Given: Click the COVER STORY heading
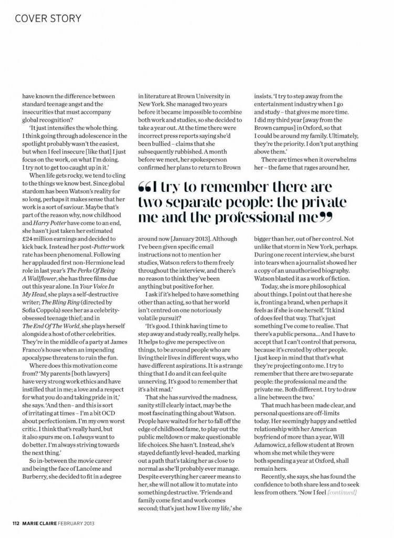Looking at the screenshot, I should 48,18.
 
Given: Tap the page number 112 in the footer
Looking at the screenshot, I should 16,523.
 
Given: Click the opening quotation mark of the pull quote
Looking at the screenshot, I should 145,188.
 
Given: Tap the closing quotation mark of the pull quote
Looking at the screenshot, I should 326,218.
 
